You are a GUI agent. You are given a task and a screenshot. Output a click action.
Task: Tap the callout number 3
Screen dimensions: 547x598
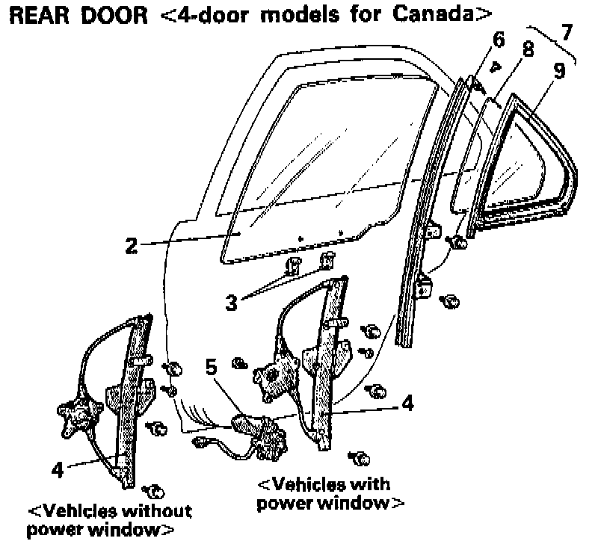pos(232,302)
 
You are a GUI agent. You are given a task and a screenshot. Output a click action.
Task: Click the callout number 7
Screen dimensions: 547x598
pos(568,33)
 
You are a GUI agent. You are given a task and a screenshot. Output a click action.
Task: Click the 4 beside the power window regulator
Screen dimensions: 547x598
pos(407,404)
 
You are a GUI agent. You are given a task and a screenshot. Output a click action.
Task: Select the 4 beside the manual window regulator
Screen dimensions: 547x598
pos(57,471)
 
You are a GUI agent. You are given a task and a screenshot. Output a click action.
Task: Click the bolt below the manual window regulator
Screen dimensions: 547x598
pos(155,491)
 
